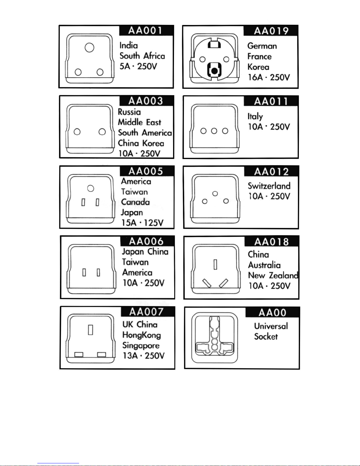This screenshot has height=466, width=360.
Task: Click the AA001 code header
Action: [145, 31]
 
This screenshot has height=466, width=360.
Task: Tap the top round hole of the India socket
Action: [89, 48]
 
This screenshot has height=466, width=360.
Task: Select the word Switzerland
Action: [269, 186]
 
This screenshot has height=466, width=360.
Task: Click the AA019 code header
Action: [271, 31]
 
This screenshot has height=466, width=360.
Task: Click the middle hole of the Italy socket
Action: [214, 131]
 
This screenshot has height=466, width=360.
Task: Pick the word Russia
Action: [129, 112]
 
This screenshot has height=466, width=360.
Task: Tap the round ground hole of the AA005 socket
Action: [91, 188]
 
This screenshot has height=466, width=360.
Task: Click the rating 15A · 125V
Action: [142, 223]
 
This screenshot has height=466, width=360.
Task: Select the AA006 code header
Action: [146, 241]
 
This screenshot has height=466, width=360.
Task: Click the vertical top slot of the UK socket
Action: [91, 329]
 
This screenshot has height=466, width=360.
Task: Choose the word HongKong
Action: [142, 335]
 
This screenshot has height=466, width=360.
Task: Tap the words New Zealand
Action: [273, 275]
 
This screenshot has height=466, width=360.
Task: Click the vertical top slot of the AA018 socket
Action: [215, 264]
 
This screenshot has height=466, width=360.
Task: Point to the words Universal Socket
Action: [271, 331]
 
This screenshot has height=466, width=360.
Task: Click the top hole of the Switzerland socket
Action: [215, 193]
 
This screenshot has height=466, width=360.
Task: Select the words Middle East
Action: [140, 122]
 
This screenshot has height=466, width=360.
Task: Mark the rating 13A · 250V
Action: [143, 356]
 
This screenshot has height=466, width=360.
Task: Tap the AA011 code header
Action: [271, 101]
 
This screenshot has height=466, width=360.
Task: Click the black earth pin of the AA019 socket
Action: [215, 71]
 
